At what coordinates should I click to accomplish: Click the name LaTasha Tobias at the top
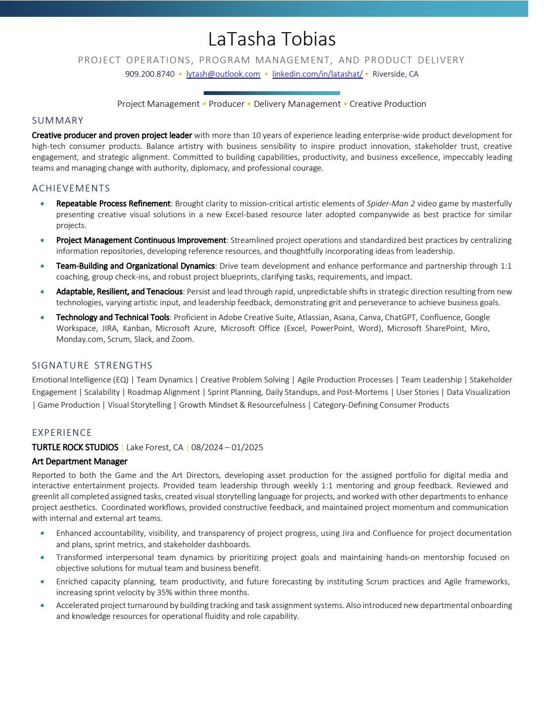[x=272, y=39]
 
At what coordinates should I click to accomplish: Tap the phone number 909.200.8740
[x=150, y=74]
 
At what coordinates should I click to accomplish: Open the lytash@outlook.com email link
[x=223, y=74]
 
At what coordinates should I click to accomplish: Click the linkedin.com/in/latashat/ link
[x=317, y=74]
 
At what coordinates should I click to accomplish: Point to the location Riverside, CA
[x=395, y=74]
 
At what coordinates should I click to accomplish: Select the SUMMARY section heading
[x=58, y=121]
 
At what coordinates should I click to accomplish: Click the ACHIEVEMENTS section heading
[x=71, y=188]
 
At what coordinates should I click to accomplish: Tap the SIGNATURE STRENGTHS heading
[x=92, y=366]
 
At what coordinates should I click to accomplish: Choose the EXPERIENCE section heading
[x=62, y=433]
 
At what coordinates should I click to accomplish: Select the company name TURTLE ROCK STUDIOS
[x=75, y=448]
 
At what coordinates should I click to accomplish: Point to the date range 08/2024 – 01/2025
[x=227, y=448]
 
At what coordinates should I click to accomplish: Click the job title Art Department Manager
[x=80, y=462]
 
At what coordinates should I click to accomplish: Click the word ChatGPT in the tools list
[x=400, y=318]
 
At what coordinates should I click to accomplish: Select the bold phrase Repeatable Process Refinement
[x=113, y=204]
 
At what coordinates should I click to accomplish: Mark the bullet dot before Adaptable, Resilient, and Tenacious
[x=43, y=292]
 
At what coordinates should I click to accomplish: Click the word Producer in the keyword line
[x=227, y=104]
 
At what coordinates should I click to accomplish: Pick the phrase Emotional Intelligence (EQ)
[x=80, y=380]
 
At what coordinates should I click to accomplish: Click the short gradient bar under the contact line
[x=272, y=93]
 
